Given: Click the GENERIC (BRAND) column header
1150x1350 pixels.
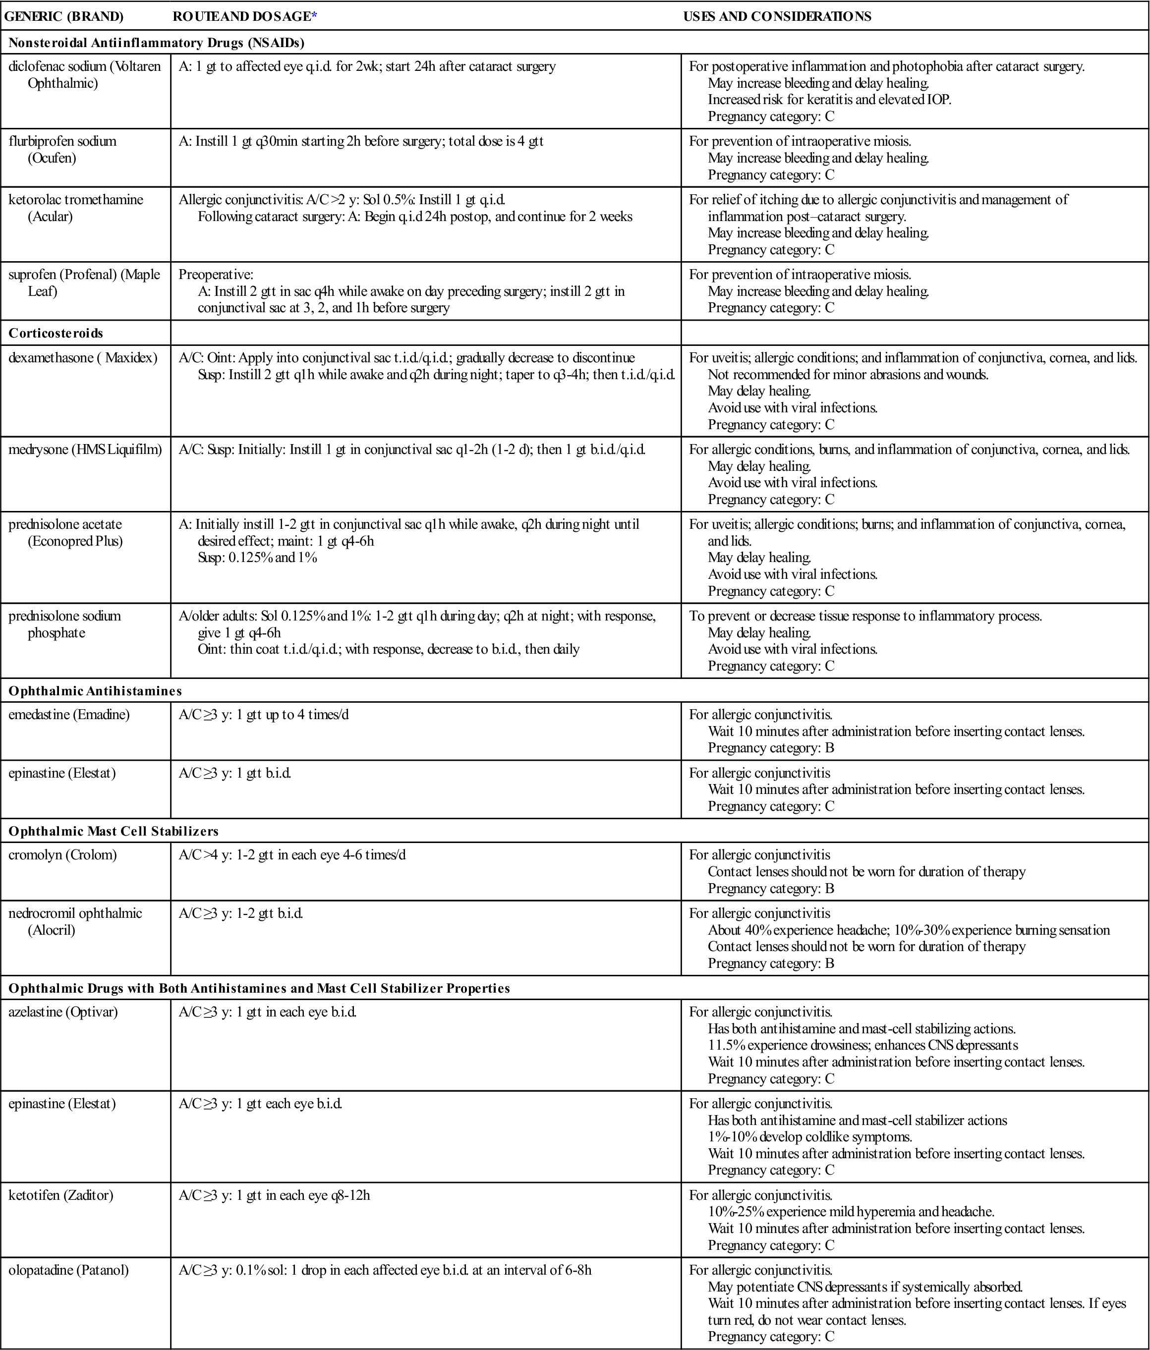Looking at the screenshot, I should [x=64, y=16].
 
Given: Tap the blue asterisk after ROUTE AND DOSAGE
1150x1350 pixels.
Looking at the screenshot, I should [x=314, y=16].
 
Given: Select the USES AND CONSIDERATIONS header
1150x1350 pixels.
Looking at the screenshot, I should [x=777, y=16].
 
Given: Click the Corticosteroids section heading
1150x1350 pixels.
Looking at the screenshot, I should [x=56, y=333].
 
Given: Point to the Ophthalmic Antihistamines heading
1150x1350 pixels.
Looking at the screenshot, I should [x=95, y=691].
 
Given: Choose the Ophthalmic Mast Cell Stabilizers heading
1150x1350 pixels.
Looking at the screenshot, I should [x=114, y=831].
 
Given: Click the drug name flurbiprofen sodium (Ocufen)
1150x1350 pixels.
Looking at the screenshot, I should [x=62, y=149].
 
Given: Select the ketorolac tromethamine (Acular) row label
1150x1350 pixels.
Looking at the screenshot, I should [x=75, y=208].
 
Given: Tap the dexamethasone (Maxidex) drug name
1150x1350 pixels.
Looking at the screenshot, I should [x=83, y=358].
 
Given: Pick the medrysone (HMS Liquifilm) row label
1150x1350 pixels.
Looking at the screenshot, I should [x=85, y=449].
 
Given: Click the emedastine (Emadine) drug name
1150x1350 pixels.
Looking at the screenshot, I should [x=69, y=715].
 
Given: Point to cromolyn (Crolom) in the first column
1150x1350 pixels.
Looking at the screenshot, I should [x=62, y=855].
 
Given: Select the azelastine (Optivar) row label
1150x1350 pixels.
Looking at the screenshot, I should [x=63, y=1012].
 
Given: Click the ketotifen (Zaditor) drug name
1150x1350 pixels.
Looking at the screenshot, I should [x=60, y=1195].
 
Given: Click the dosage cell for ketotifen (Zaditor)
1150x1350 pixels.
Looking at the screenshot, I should [x=274, y=1195].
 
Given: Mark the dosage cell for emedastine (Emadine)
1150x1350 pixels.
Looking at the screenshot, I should [x=264, y=715].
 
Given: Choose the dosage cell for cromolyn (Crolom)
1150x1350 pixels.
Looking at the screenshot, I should [x=292, y=855].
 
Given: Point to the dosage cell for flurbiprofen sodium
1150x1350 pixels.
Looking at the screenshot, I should [x=361, y=141].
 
